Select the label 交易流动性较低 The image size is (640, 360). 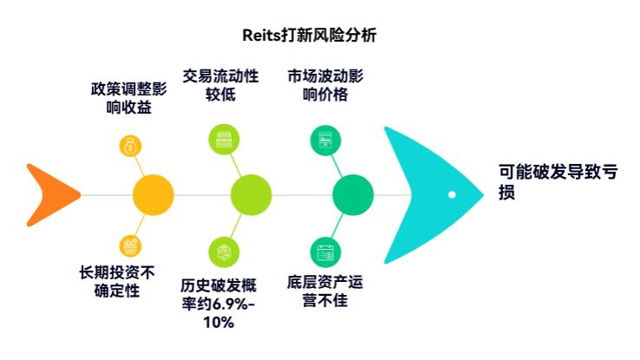point(221,85)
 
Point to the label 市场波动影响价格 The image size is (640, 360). point(325,85)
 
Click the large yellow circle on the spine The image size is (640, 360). point(153,194)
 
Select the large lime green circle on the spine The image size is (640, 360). point(251,194)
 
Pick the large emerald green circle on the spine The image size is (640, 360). point(352,194)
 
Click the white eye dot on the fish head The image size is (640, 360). point(452,194)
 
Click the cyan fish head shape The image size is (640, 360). point(425,194)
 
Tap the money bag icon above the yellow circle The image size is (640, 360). point(130,146)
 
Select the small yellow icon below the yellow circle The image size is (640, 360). point(130,245)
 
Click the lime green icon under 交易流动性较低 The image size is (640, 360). point(224,139)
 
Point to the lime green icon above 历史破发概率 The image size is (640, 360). point(224,252)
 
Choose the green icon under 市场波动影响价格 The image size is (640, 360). point(325,139)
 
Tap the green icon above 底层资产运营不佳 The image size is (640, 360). point(325,252)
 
